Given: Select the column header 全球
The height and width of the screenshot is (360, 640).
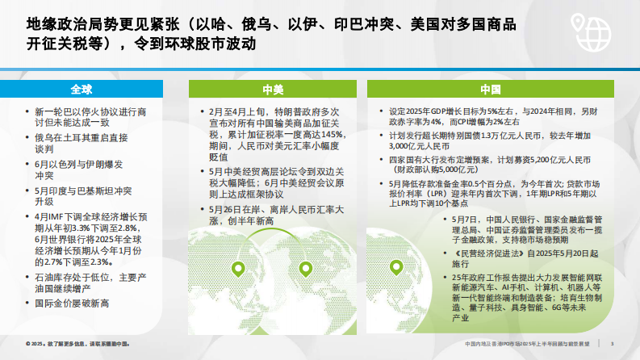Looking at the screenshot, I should [82, 89].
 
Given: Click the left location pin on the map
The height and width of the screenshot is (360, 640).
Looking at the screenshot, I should [239, 271].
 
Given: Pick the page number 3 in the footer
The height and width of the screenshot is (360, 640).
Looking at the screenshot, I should [613, 343].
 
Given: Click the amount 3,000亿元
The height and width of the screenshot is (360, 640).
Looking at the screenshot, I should [405, 146].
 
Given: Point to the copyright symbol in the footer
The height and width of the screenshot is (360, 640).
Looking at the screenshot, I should [27, 343].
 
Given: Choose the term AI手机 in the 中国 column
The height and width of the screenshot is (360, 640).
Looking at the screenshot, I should [489, 286].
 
